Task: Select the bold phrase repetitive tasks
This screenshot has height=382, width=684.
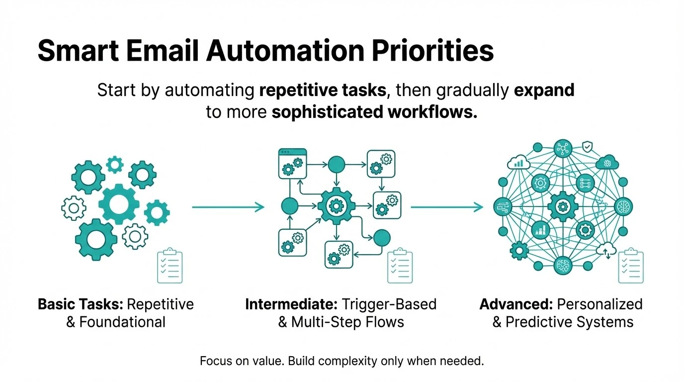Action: (323, 91)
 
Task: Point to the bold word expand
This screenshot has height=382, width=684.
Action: (544, 91)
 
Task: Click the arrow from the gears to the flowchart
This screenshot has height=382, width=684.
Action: (228, 207)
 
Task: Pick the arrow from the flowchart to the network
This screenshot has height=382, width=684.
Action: (446, 207)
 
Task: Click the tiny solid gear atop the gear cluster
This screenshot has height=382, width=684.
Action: (115, 164)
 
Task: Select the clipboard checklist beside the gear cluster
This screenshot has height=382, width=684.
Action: (170, 266)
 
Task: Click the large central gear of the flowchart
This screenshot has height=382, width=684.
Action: (336, 205)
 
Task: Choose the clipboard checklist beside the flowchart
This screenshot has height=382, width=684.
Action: (400, 266)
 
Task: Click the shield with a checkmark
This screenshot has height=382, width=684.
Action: (588, 146)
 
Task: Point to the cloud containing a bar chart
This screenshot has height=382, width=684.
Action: (518, 162)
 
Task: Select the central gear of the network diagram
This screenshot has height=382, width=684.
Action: (563, 206)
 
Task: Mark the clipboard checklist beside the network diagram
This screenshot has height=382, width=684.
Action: (631, 266)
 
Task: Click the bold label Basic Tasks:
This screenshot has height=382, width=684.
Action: (81, 304)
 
